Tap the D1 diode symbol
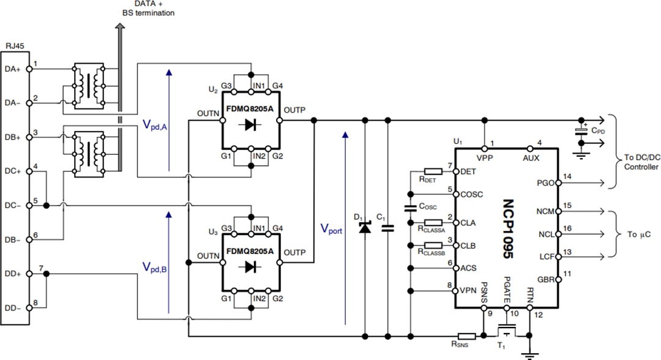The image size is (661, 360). pyautogui.click(x=365, y=228)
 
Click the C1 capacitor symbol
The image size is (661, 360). pyautogui.click(x=387, y=228)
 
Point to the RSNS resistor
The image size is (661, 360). pyautogui.click(x=467, y=336)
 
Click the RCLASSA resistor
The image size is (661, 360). pyautogui.click(x=433, y=222)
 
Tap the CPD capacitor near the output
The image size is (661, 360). pyautogui.click(x=581, y=132)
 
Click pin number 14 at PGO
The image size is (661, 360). pyautogui.click(x=567, y=176)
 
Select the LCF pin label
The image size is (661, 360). pyautogui.click(x=545, y=256)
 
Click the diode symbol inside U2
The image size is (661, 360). pyautogui.click(x=250, y=124)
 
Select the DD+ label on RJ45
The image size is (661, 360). pyautogui.click(x=13, y=273)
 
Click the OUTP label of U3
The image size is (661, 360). pyautogui.click(x=296, y=252)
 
